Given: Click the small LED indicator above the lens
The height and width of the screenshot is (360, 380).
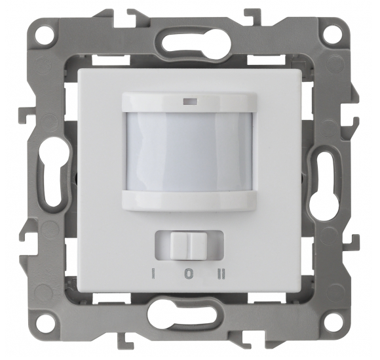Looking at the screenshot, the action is pyautogui.click(x=190, y=102).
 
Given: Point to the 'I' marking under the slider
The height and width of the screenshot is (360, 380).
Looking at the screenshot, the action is pyautogui.click(x=153, y=273).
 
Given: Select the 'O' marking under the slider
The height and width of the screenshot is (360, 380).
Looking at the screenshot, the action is pyautogui.click(x=189, y=273).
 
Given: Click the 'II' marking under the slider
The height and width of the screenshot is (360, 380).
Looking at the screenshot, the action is pyautogui.click(x=221, y=273).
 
